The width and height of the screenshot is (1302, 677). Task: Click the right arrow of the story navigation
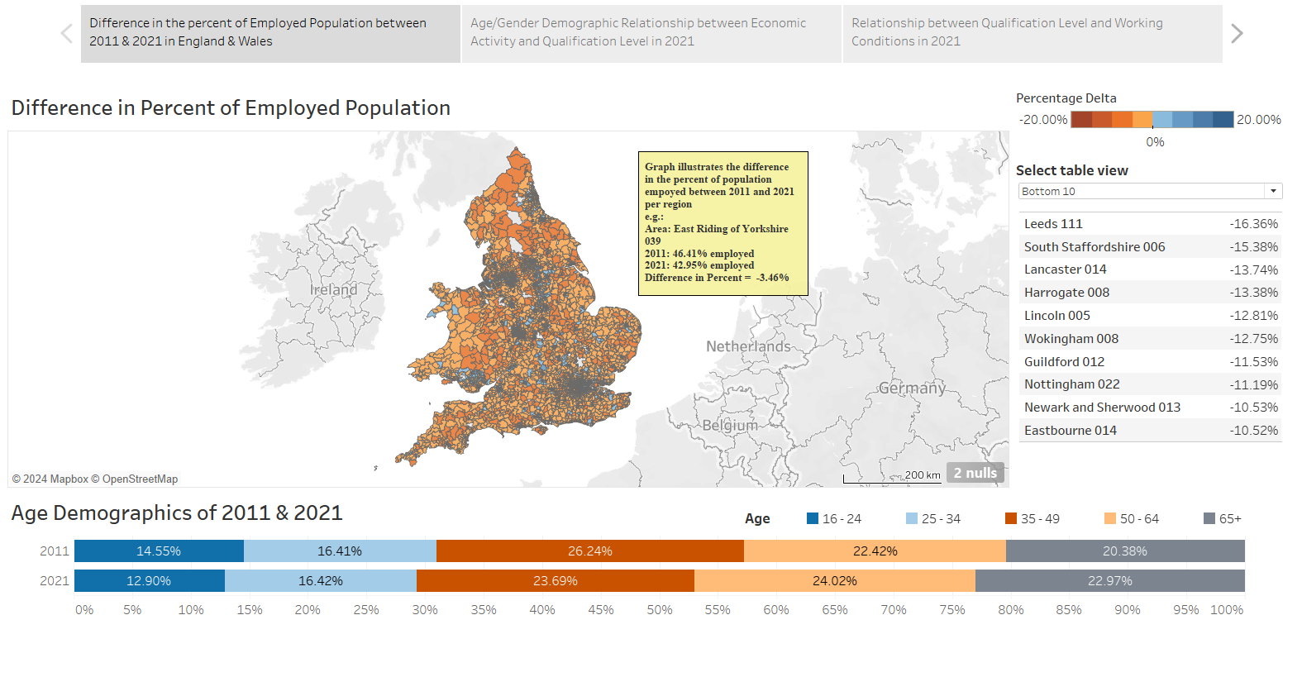[1237, 34]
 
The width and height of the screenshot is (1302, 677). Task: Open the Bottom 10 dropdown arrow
[1273, 191]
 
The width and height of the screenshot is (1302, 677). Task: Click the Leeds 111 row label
[1053, 224]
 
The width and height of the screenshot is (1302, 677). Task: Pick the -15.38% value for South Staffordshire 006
[1253, 247]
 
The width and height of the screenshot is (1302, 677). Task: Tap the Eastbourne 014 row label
[1070, 431]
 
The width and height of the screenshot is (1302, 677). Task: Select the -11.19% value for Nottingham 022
[1253, 385]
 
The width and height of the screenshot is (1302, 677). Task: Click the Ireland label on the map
[334, 289]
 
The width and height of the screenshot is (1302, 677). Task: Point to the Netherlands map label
[748, 346]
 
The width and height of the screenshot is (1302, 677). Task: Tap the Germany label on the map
[912, 388]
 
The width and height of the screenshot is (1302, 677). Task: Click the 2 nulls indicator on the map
[975, 473]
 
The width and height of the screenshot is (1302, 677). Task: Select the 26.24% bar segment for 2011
[589, 551]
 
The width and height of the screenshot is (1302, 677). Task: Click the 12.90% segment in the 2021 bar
[149, 581]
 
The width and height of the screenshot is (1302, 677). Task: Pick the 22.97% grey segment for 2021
[1109, 581]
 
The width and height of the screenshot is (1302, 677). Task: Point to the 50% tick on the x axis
[659, 610]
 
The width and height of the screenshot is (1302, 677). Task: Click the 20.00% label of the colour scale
[1258, 120]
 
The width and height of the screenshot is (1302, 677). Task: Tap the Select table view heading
[1071, 170]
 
